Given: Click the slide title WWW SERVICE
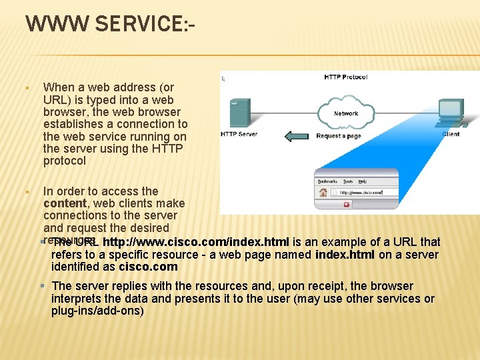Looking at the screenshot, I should pyautogui.click(x=110, y=25).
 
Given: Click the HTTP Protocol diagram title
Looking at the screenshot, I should pyautogui.click(x=345, y=77).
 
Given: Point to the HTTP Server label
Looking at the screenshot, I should pyautogui.click(x=239, y=135).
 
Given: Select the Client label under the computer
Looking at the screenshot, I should pyautogui.click(x=451, y=135).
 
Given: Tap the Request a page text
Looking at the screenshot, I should pyautogui.click(x=339, y=136).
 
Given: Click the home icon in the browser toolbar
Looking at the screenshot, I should pyautogui.click(x=323, y=193).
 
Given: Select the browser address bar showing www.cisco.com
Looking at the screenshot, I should pyautogui.click(x=366, y=193).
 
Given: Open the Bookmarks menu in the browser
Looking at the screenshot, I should pyautogui.click(x=327, y=181).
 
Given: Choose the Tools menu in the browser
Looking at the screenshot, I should pyautogui.click(x=348, y=181).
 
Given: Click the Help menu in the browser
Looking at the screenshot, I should pyautogui.click(x=363, y=181).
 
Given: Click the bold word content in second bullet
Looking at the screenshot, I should pyautogui.click(x=65, y=203).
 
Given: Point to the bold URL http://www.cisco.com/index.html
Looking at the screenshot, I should pyautogui.click(x=195, y=242).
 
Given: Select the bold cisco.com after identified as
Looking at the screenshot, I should pyautogui.click(x=148, y=267).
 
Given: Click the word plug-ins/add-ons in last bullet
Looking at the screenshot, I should pyautogui.click(x=97, y=311).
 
